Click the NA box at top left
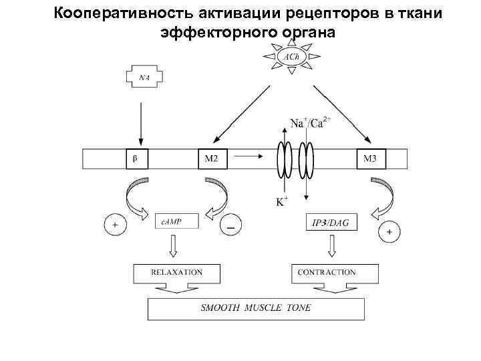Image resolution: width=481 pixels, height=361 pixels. [x=144, y=77]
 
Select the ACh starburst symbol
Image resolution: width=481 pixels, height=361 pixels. [x=291, y=57]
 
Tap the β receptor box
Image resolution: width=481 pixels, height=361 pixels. [x=136, y=159]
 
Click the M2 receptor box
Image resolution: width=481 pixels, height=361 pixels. [x=212, y=159]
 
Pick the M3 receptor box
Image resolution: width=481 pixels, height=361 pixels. [x=371, y=159]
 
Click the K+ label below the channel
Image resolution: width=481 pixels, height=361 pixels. [x=283, y=201]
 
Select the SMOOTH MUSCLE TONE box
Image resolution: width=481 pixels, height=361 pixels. [x=256, y=309]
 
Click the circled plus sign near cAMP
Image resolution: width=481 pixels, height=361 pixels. [x=114, y=225]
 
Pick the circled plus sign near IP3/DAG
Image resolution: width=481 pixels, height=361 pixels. [x=389, y=232]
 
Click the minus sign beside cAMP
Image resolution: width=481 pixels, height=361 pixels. [x=230, y=228]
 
